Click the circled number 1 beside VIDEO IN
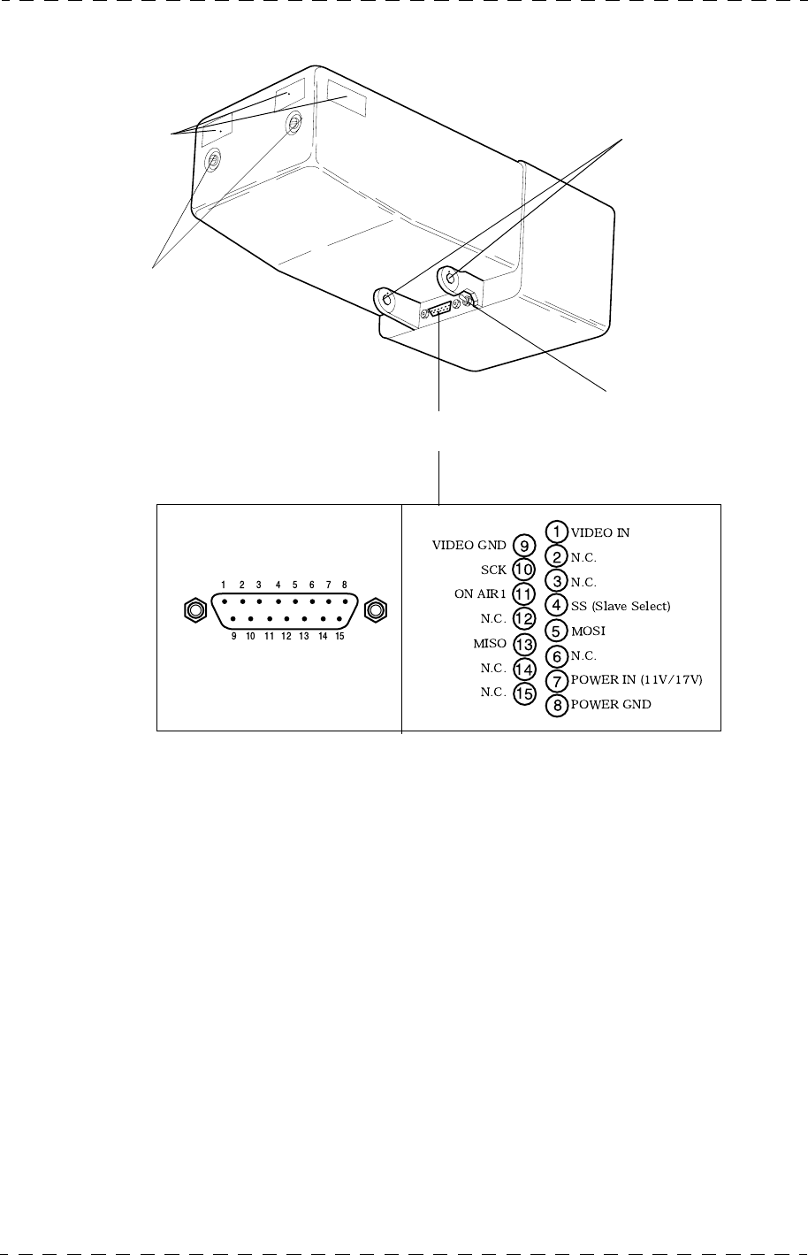556,532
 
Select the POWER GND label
611,705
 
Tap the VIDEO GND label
469,546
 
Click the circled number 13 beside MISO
524,644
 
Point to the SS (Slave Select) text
621,607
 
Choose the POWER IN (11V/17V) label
636,680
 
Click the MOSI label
588,631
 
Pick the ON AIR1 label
480,594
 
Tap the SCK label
493,570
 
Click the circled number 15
524,693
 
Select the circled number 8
556,706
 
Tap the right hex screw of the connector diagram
376,609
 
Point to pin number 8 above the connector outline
343,585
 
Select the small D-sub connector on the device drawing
438,310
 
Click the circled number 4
556,607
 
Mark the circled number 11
524,594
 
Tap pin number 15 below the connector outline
339,636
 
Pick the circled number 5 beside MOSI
556,631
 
